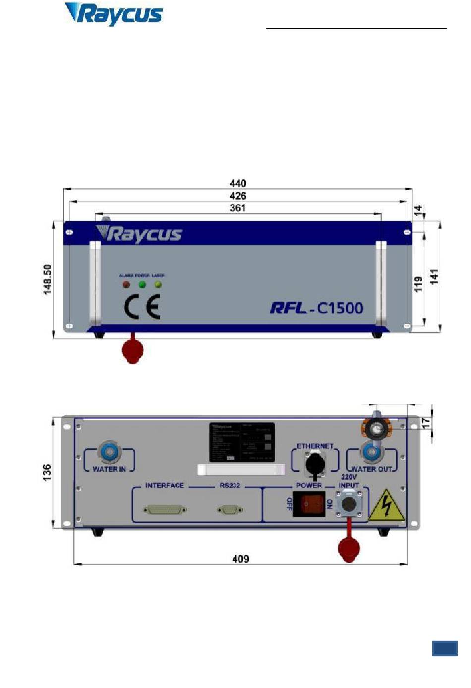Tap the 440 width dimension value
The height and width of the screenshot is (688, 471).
[x=238, y=183]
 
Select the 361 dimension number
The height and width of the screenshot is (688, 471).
[x=238, y=208]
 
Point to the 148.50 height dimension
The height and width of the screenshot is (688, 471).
[x=48, y=279]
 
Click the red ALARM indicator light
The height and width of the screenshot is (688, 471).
[x=126, y=285]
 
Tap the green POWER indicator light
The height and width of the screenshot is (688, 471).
[x=142, y=285]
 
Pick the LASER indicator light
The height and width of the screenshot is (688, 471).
[x=158, y=285]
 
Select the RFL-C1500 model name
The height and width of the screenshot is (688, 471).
[x=317, y=308]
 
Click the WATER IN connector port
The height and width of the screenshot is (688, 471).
[x=108, y=452]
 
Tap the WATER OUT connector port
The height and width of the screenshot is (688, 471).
[x=370, y=452]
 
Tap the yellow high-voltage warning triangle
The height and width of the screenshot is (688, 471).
[x=387, y=506]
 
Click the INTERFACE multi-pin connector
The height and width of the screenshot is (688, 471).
[x=165, y=509]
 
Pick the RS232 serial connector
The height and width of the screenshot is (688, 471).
[x=230, y=509]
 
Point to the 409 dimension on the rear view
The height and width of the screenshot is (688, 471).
[x=240, y=559]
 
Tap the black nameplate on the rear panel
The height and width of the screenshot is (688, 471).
[x=241, y=442]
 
